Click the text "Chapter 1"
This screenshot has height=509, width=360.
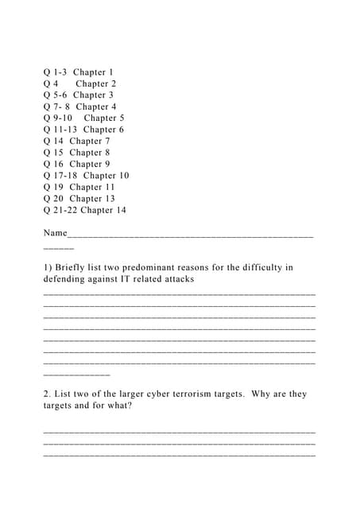(94, 72)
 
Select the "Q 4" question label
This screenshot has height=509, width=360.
(51, 84)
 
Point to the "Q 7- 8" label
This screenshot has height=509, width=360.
(57, 107)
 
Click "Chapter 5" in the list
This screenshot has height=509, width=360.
(104, 118)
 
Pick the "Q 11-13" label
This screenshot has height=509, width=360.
(60, 129)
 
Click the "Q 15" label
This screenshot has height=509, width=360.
(53, 152)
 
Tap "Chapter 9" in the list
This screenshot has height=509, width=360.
(90, 164)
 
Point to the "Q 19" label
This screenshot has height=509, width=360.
(53, 187)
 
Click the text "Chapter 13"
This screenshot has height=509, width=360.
(92, 198)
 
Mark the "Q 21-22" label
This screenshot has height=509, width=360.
(60, 210)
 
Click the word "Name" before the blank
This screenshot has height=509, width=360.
(56, 233)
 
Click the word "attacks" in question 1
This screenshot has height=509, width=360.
(176, 279)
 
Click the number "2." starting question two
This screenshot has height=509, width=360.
(47, 394)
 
